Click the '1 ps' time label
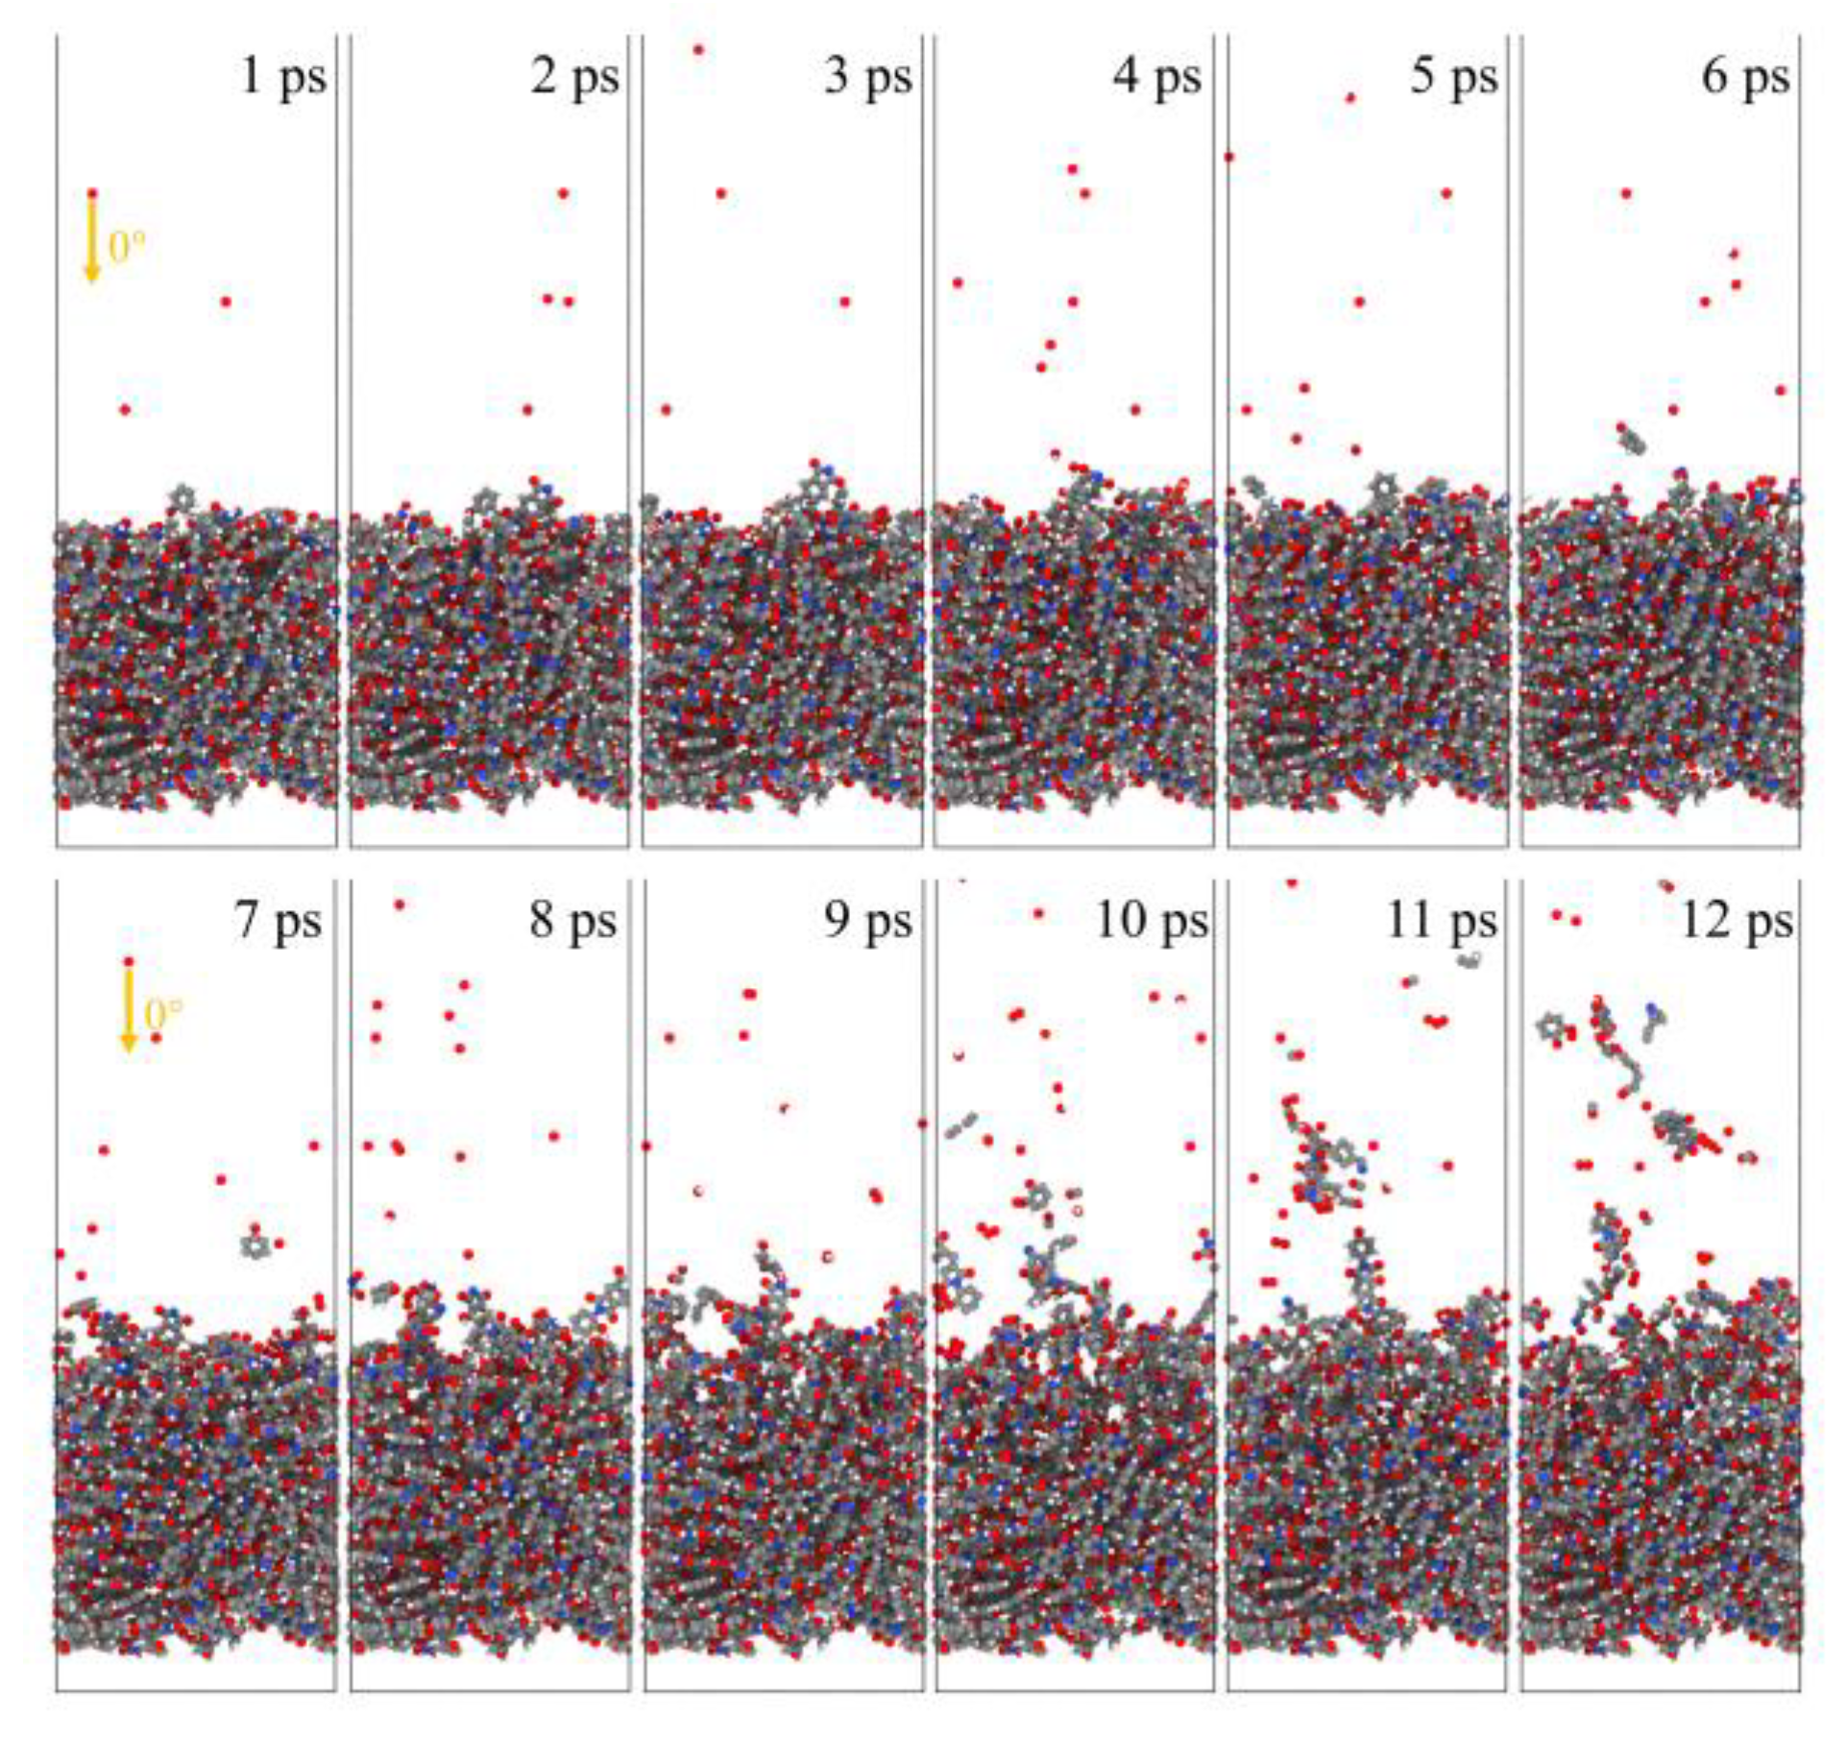click(x=282, y=77)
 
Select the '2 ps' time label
click(x=574, y=77)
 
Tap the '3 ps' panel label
click(x=867, y=77)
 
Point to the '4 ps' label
click(x=1157, y=77)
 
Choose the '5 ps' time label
click(x=1453, y=77)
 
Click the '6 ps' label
click(x=1745, y=77)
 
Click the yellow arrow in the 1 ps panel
click(x=92, y=240)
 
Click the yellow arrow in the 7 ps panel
click(x=129, y=1008)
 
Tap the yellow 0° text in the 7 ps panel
click(x=163, y=1014)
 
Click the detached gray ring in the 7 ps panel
click(x=255, y=1245)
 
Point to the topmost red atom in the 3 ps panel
click(x=698, y=50)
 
